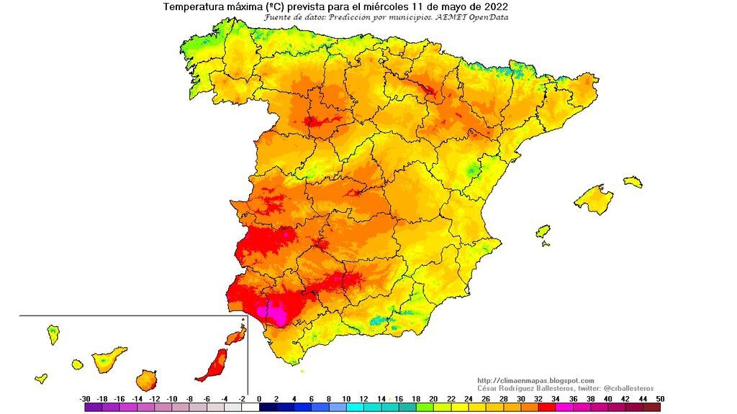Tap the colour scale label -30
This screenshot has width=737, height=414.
pyautogui.click(x=86, y=399)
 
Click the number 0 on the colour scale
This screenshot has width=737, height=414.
pyautogui.click(x=260, y=399)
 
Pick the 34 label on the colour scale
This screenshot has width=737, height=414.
pyautogui.click(x=556, y=399)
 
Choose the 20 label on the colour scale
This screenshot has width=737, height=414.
pyautogui.click(x=433, y=399)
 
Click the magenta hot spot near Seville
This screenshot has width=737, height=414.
pyautogui.click(x=276, y=312)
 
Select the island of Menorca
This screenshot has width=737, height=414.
pyautogui.click(x=633, y=182)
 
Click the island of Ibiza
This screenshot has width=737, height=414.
pyautogui.click(x=543, y=231)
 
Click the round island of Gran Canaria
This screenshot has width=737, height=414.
pyautogui.click(x=148, y=379)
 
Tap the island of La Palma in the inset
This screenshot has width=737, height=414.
pyautogui.click(x=53, y=334)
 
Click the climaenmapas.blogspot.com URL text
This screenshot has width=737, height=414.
pyautogui.click(x=535, y=381)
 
